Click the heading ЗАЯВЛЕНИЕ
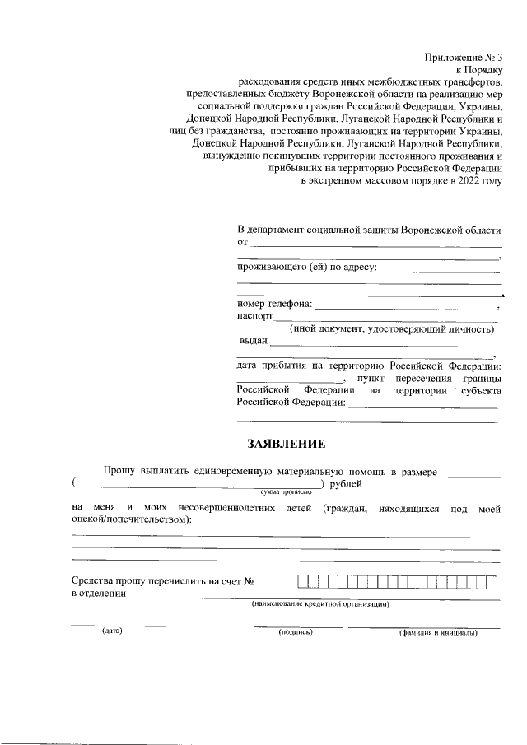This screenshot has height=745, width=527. coord(287,444)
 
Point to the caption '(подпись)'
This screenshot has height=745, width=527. coord(296,632)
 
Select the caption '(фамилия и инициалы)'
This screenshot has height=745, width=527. coord(436,633)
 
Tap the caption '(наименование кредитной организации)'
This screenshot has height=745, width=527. coord(320,603)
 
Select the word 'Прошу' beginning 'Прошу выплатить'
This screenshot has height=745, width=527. coord(119,470)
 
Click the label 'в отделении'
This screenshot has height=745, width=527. coord(99,594)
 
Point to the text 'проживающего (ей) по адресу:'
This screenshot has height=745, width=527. coord(307,268)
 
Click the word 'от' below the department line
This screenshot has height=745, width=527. coord(242,242)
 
